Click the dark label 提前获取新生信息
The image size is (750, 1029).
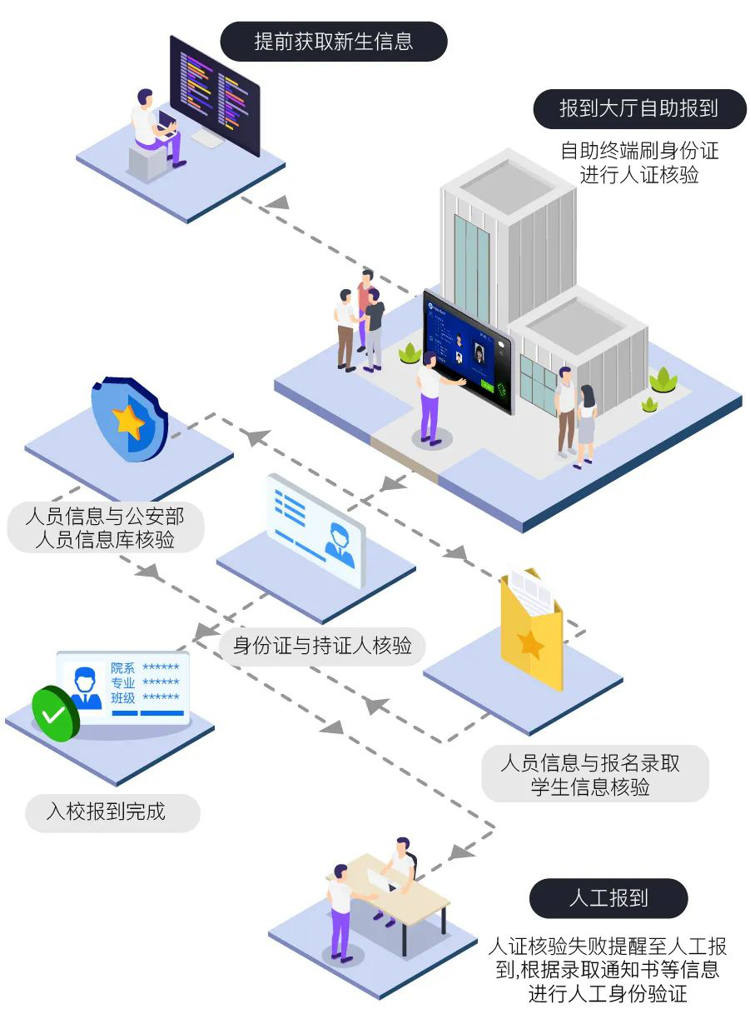coord(333,42)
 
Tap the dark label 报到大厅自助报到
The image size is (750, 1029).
coord(639,108)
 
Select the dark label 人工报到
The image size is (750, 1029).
coord(608,898)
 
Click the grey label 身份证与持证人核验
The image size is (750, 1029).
coord(322,645)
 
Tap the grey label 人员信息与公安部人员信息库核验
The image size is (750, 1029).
coord(105,527)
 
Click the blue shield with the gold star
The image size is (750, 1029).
coord(129,420)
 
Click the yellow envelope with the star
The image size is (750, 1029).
coord(531,633)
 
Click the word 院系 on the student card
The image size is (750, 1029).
coord(122,669)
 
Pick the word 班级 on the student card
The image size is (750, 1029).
coord(122,698)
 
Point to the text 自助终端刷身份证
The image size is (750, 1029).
coord(638,151)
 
